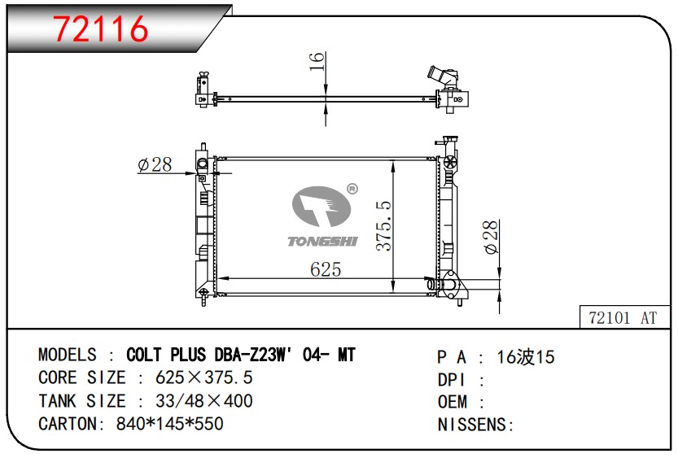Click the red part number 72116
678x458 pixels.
pyautogui.click(x=100, y=29)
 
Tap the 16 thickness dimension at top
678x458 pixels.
pyautogui.click(x=317, y=61)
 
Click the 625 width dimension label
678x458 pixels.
pyautogui.click(x=326, y=269)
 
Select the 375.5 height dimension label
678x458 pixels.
pyautogui.click(x=383, y=225)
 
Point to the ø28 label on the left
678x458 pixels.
pyautogui.click(x=155, y=164)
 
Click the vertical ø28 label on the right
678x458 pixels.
pyautogui.click(x=491, y=238)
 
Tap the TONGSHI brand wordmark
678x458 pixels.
pyautogui.click(x=323, y=241)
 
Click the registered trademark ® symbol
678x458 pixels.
pyautogui.click(x=353, y=189)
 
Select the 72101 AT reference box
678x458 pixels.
pyautogui.click(x=623, y=317)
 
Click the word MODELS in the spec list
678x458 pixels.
pyautogui.click(x=68, y=355)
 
